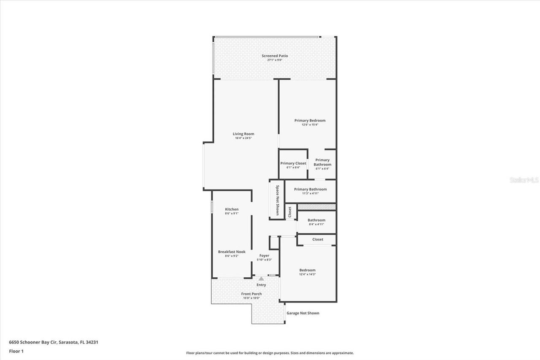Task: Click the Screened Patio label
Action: [275, 56]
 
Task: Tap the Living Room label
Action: [243, 134]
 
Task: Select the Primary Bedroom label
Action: [310, 121]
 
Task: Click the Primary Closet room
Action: [293, 164]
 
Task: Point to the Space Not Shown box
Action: [277, 200]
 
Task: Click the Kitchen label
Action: [232, 209]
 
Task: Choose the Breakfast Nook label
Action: [232, 252]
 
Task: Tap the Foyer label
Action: [264, 256]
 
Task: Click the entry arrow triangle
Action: [261, 279]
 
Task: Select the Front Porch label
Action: [251, 294]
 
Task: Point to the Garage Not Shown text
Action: [303, 313]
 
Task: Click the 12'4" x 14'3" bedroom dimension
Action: [308, 274]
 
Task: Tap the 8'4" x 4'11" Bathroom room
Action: [316, 222]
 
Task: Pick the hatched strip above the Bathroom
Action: [316, 207]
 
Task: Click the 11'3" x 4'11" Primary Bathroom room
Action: [310, 191]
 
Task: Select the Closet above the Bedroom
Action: [318, 240]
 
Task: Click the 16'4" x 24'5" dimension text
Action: [243, 138]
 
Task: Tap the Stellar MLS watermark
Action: [524, 180]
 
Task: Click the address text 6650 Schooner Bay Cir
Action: [54, 342]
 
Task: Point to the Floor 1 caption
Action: [16, 351]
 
